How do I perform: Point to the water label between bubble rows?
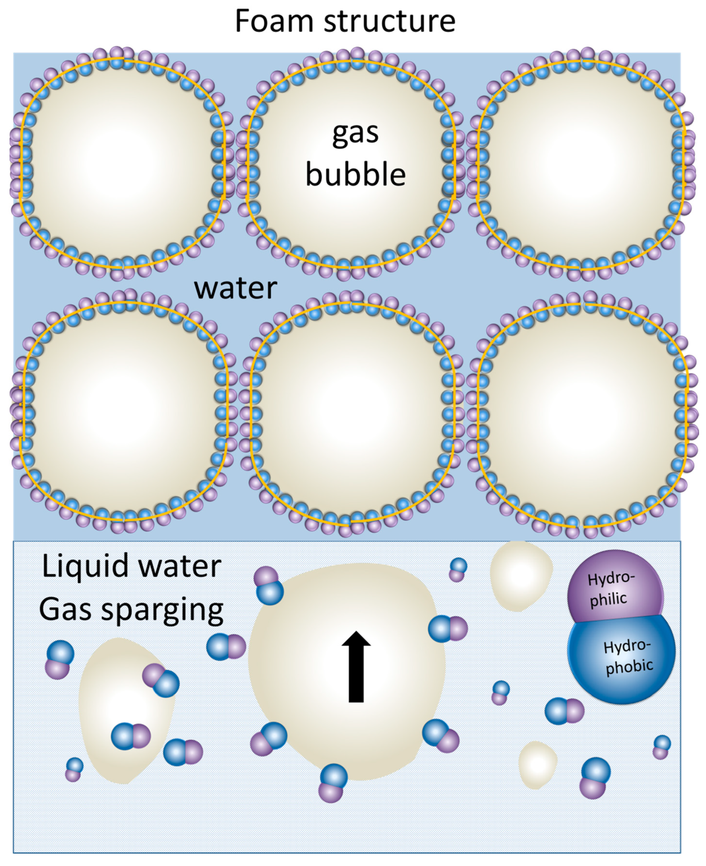(x=236, y=288)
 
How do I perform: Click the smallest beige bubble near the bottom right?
(x=538, y=765)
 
